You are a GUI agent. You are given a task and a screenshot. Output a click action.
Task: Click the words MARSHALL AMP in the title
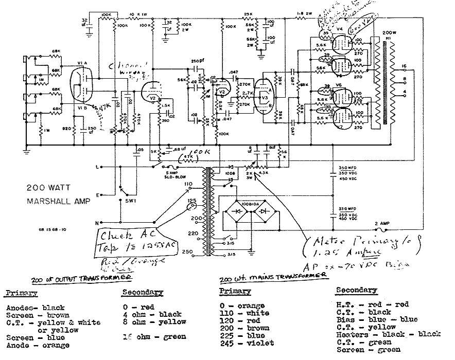pyautogui.click(x=58, y=201)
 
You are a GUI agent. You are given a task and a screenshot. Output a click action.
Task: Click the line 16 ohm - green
pyautogui.click(x=154, y=337)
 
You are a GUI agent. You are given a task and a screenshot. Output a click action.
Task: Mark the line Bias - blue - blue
pyautogui.click(x=369, y=319)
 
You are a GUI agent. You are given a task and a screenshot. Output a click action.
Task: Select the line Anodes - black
pyautogui.click(x=36, y=308)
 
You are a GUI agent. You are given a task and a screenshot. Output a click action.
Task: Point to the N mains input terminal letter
pyautogui.click(x=97, y=223)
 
